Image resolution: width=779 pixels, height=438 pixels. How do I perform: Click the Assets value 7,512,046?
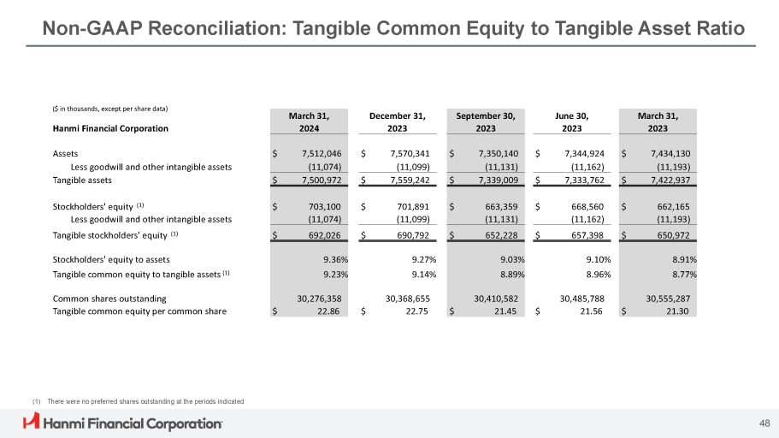[318, 153]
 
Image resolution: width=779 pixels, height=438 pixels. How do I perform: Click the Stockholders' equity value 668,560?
[587, 206]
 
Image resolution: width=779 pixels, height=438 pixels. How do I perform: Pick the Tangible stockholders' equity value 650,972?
[673, 234]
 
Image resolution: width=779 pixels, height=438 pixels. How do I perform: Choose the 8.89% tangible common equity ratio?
[510, 275]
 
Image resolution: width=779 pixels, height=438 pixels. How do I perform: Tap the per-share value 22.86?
[330, 311]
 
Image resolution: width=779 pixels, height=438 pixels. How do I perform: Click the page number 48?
[764, 422]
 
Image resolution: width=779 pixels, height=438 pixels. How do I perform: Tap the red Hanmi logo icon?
[32, 422]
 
